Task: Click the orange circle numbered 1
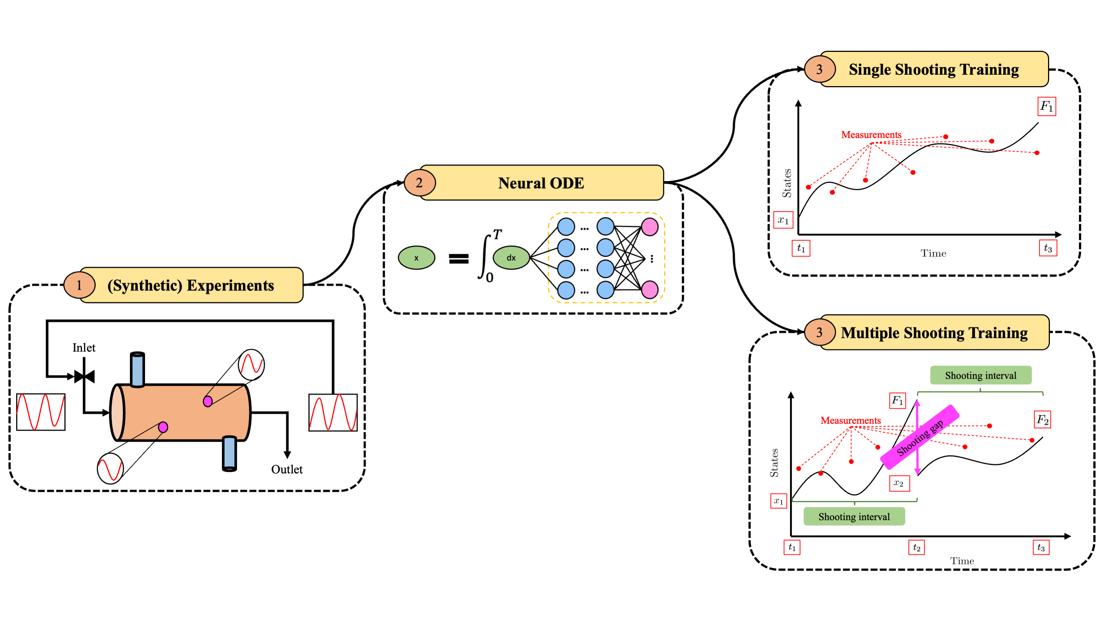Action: tap(79, 285)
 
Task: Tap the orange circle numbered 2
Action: tap(420, 183)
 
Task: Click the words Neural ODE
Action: tap(541, 183)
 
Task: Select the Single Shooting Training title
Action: tap(934, 70)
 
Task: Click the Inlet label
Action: tap(84, 347)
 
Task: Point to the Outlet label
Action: tap(287, 469)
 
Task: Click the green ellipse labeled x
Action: tap(416, 258)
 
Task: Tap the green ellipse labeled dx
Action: tap(511, 258)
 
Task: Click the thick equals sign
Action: tap(459, 258)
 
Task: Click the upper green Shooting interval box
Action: tap(981, 375)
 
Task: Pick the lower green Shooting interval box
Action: tap(854, 516)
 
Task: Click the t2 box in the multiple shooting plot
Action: tap(916, 547)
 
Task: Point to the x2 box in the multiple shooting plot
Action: tap(899, 483)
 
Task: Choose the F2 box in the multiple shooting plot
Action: tap(1042, 419)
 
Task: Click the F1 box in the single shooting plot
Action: tap(1047, 106)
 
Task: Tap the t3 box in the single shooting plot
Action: tap(1048, 248)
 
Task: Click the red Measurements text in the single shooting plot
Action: tap(871, 135)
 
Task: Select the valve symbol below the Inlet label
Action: tap(84, 377)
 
